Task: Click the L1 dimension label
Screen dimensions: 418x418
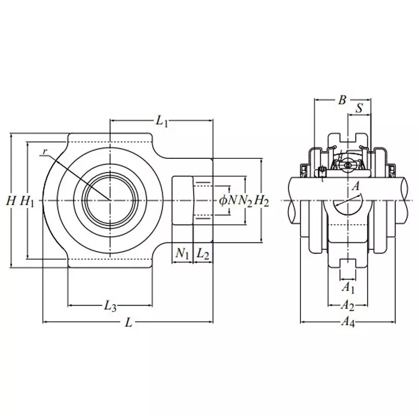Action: click(161, 121)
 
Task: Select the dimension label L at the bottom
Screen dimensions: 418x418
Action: click(129, 323)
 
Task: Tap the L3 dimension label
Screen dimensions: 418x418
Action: click(110, 307)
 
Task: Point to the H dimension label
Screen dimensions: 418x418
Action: click(10, 201)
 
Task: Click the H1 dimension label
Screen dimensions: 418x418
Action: click(27, 201)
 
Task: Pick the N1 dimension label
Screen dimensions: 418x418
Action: click(182, 254)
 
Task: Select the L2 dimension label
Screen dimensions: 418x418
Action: click(203, 254)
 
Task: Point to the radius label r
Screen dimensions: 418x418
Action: click(45, 152)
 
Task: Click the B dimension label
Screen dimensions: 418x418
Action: click(342, 100)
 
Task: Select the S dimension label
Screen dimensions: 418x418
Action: click(359, 109)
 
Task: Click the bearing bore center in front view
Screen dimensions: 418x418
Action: click(110, 200)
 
